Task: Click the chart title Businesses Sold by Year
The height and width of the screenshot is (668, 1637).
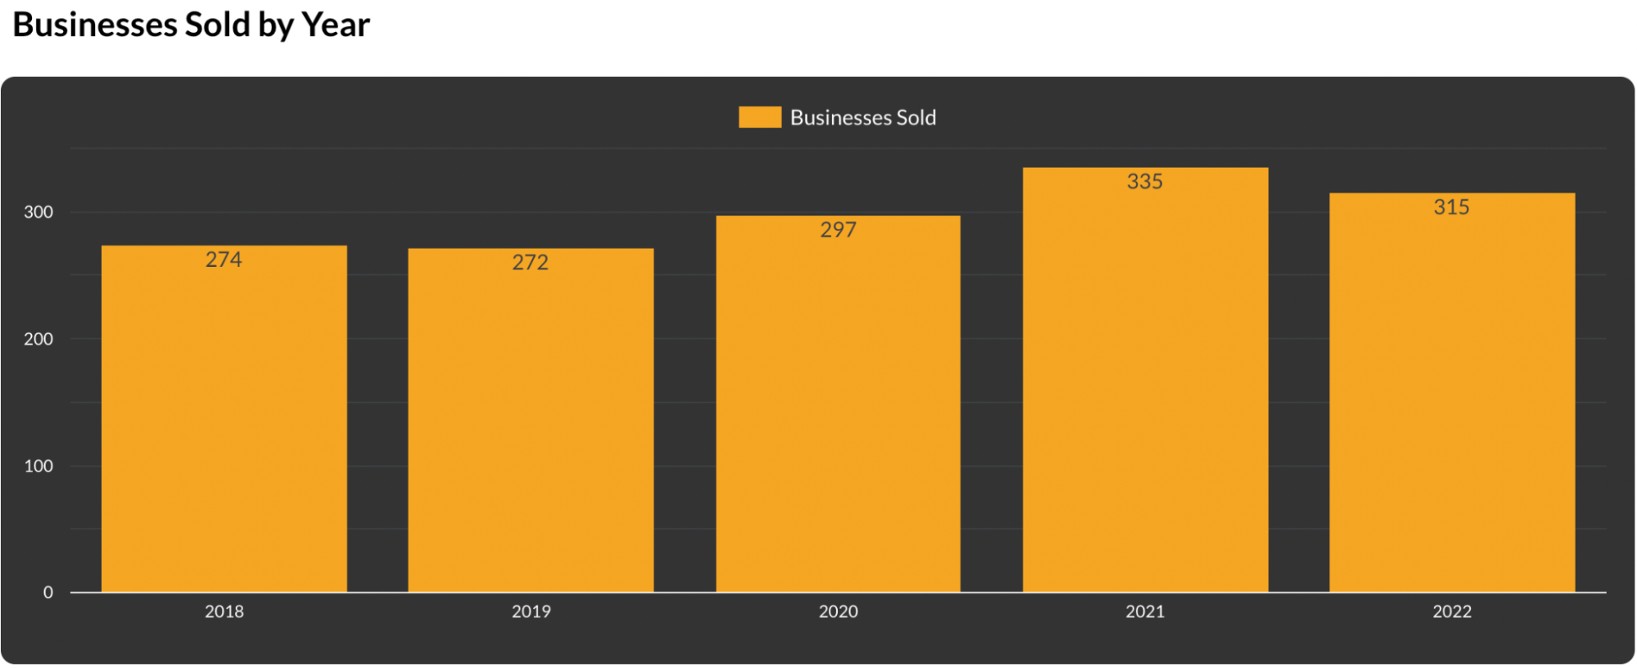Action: pyautogui.click(x=192, y=25)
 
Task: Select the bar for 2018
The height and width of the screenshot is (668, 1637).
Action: pyautogui.click(x=224, y=426)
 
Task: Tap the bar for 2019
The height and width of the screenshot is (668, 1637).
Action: pyautogui.click(x=531, y=426)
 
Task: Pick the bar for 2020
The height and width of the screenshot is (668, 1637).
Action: pyautogui.click(x=838, y=409)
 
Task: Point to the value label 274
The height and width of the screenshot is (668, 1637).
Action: pyautogui.click(x=224, y=260)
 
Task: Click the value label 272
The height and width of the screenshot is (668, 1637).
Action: pyautogui.click(x=531, y=263)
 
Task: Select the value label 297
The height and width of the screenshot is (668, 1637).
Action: pyautogui.click(x=838, y=230)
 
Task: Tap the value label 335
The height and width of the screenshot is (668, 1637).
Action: pyautogui.click(x=1145, y=182)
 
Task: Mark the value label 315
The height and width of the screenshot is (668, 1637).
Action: pyautogui.click(x=1452, y=207)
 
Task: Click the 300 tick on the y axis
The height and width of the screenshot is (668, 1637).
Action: pyautogui.click(x=38, y=212)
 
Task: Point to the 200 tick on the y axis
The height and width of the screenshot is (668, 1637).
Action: pyautogui.click(x=38, y=339)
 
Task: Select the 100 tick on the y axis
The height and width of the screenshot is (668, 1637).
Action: pyautogui.click(x=38, y=466)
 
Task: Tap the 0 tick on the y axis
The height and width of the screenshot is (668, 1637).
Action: pyautogui.click(x=48, y=592)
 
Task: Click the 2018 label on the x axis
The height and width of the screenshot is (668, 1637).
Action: pyautogui.click(x=224, y=612)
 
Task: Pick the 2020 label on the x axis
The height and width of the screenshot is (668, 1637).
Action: pyautogui.click(x=838, y=612)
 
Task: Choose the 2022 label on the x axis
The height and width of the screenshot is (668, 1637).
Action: pyautogui.click(x=1452, y=612)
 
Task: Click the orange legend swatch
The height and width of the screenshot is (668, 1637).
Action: pyautogui.click(x=760, y=117)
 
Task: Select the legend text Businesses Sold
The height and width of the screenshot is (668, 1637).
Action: pyautogui.click(x=863, y=118)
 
